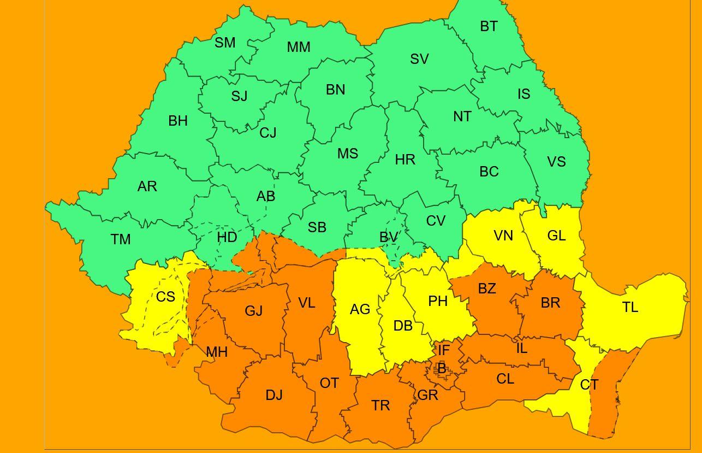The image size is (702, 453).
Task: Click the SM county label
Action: (x=225, y=43)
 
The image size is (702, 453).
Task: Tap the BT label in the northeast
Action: (x=489, y=26)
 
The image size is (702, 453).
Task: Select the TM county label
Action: (x=121, y=239)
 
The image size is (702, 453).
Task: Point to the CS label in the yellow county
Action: (x=165, y=297)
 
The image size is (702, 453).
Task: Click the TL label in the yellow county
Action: (x=630, y=308)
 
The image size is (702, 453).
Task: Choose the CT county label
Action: (x=589, y=385)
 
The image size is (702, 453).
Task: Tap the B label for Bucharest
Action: (x=442, y=369)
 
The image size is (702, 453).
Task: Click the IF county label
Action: (x=444, y=350)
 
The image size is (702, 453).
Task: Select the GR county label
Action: (x=427, y=395)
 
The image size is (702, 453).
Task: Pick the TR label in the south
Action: (x=380, y=405)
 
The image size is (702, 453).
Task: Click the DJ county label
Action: (x=274, y=395)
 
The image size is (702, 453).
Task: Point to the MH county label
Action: (x=217, y=352)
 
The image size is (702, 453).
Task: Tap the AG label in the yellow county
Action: (x=360, y=310)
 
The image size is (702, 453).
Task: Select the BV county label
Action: (x=389, y=237)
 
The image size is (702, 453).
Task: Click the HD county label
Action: (x=227, y=237)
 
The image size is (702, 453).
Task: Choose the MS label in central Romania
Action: (x=347, y=154)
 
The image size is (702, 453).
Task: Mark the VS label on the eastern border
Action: (x=556, y=162)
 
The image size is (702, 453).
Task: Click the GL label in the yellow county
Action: (x=556, y=236)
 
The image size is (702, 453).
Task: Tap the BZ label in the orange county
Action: (x=487, y=289)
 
